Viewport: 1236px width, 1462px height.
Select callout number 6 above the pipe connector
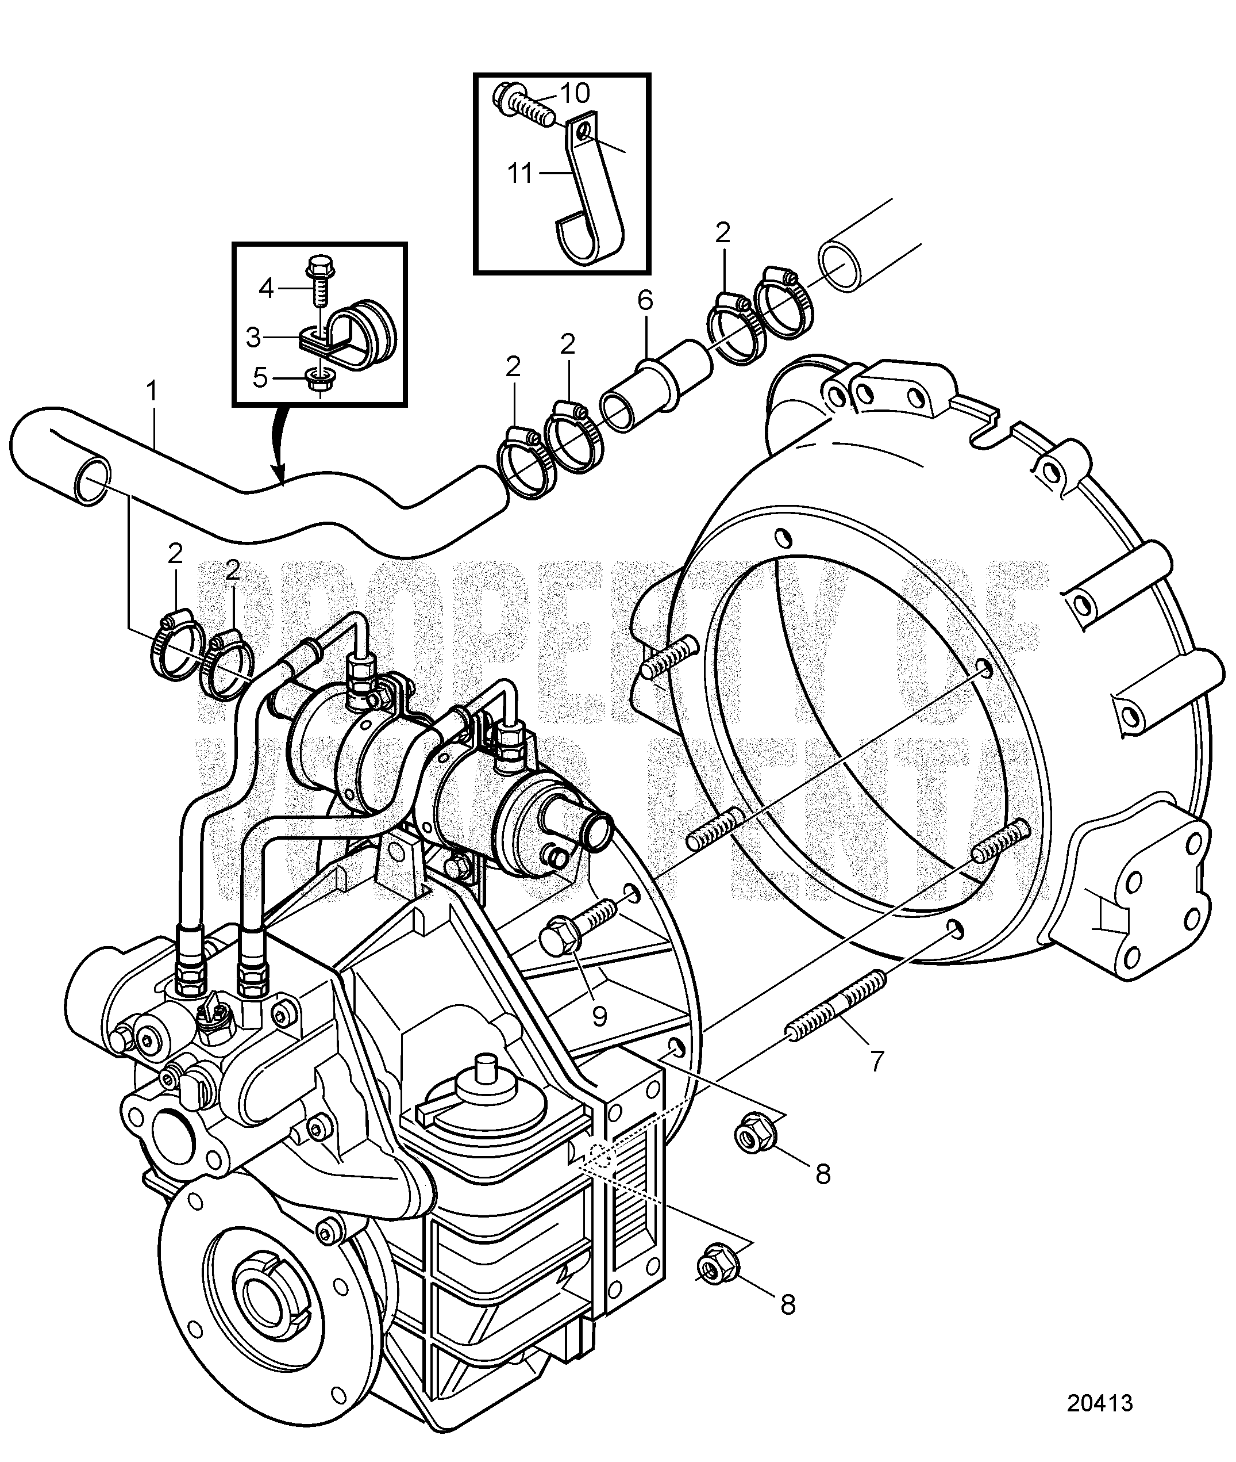pos(645,301)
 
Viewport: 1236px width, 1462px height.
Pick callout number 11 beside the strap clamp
pos(519,173)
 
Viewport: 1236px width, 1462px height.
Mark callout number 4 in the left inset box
pos(266,288)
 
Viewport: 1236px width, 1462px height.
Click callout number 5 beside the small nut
pos(260,378)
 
